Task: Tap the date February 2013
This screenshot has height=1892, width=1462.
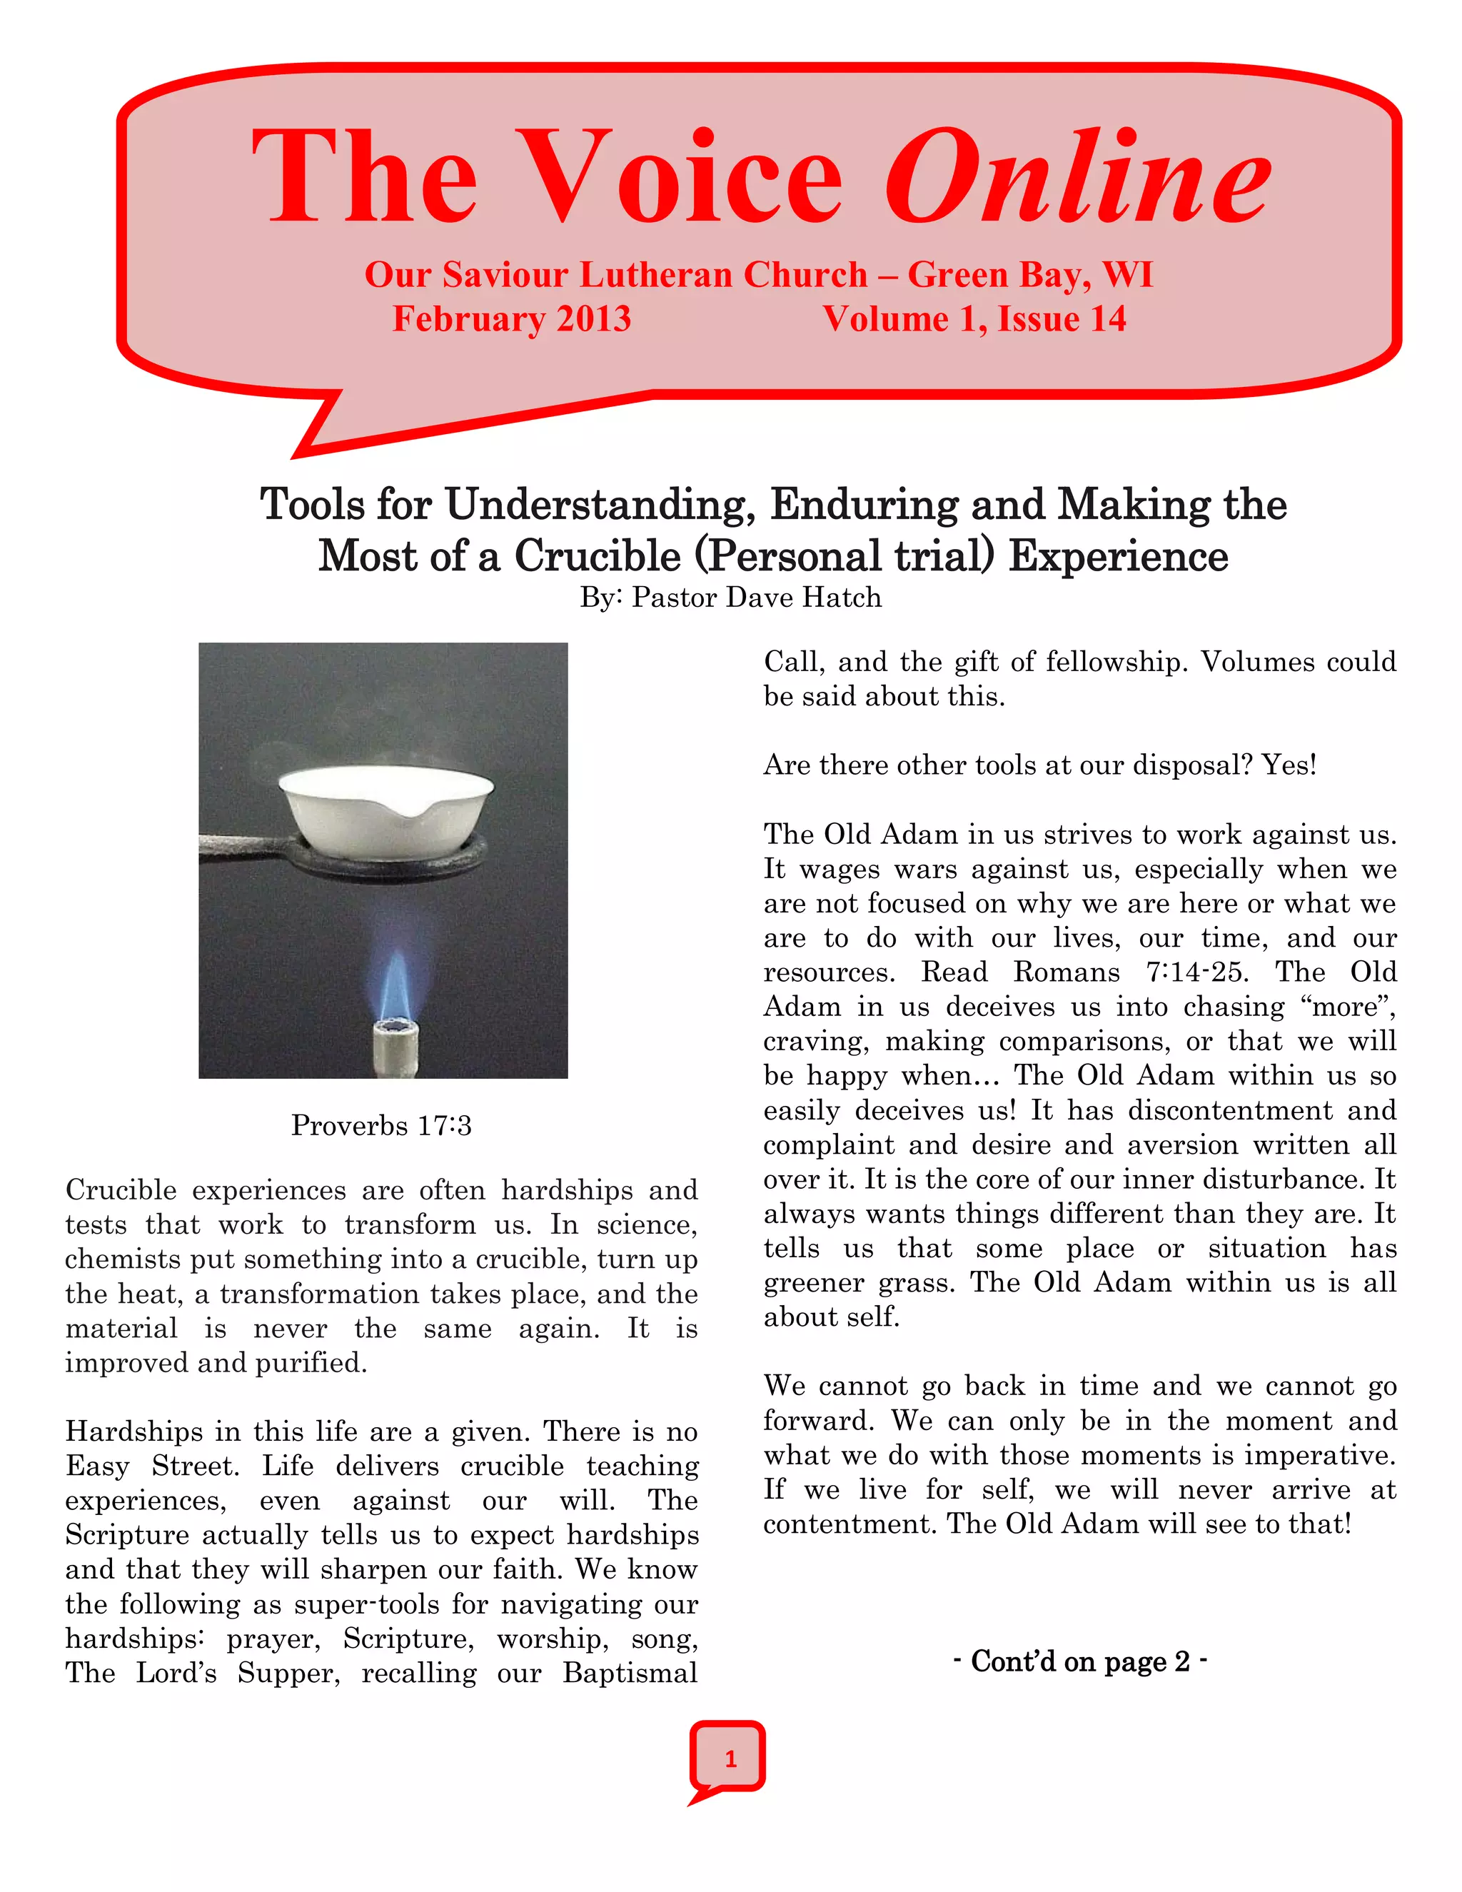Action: tap(511, 319)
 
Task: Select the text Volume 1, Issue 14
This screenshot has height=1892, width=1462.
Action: tap(974, 319)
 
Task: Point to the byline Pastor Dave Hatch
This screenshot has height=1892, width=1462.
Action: tap(756, 598)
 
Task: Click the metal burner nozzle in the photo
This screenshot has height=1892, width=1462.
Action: tap(395, 1047)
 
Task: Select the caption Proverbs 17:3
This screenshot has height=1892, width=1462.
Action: tap(381, 1125)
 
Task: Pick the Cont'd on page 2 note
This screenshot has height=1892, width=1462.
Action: tap(1079, 1661)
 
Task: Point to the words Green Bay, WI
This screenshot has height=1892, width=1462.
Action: tap(1030, 275)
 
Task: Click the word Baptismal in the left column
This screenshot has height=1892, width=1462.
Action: tap(630, 1673)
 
